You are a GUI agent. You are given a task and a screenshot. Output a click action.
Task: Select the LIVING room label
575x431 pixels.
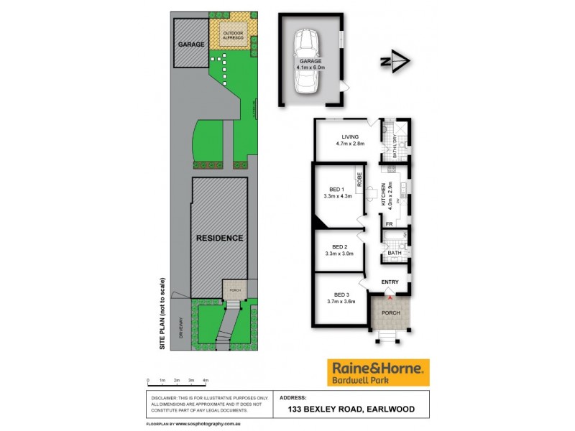coord(350,136)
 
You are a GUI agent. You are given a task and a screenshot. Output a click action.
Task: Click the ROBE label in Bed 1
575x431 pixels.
coord(357,177)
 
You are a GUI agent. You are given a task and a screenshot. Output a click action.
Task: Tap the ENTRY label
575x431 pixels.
coord(390,282)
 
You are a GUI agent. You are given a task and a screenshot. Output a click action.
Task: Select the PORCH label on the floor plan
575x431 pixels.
coord(390,313)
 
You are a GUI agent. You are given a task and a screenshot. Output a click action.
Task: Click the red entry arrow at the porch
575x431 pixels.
coord(390,296)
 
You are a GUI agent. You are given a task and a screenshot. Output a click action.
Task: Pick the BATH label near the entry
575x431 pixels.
coord(394,253)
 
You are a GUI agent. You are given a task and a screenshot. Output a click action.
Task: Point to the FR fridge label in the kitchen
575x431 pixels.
coord(389,225)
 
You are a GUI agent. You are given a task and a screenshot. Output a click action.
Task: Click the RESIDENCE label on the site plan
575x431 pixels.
coord(220,238)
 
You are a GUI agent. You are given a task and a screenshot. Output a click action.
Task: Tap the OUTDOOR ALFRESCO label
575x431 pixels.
coord(232,37)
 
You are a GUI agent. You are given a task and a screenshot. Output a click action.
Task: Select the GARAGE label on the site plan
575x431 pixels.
coord(192,44)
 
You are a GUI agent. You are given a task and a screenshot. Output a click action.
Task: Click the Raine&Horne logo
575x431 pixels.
coord(378,372)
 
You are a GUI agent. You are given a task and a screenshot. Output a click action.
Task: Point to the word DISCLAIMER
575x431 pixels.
coord(167,397)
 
